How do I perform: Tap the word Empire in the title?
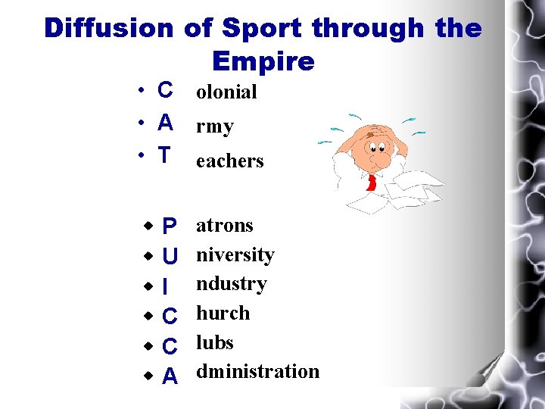pyautogui.click(x=263, y=61)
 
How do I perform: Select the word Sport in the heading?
pyautogui.click(x=257, y=28)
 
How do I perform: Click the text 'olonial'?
pyautogui.click(x=226, y=92)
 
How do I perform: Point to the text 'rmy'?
pyautogui.click(x=215, y=127)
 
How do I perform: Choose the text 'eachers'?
pyautogui.click(x=229, y=161)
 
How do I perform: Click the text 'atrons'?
pyautogui.click(x=225, y=225)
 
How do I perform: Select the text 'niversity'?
pyautogui.click(x=235, y=254)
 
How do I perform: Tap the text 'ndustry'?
pyautogui.click(x=232, y=283)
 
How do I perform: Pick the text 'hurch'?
pyautogui.click(x=223, y=313)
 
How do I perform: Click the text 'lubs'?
pyautogui.click(x=215, y=342)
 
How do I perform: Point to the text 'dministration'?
pyautogui.click(x=257, y=371)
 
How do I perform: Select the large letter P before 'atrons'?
pyautogui.click(x=170, y=226)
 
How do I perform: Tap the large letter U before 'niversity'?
pyautogui.click(x=170, y=256)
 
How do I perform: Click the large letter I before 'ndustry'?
pyautogui.click(x=165, y=286)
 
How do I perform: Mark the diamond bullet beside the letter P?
pyautogui.click(x=149, y=226)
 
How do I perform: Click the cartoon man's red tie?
pyautogui.click(x=372, y=182)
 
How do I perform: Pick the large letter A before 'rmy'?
pyautogui.click(x=165, y=122)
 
